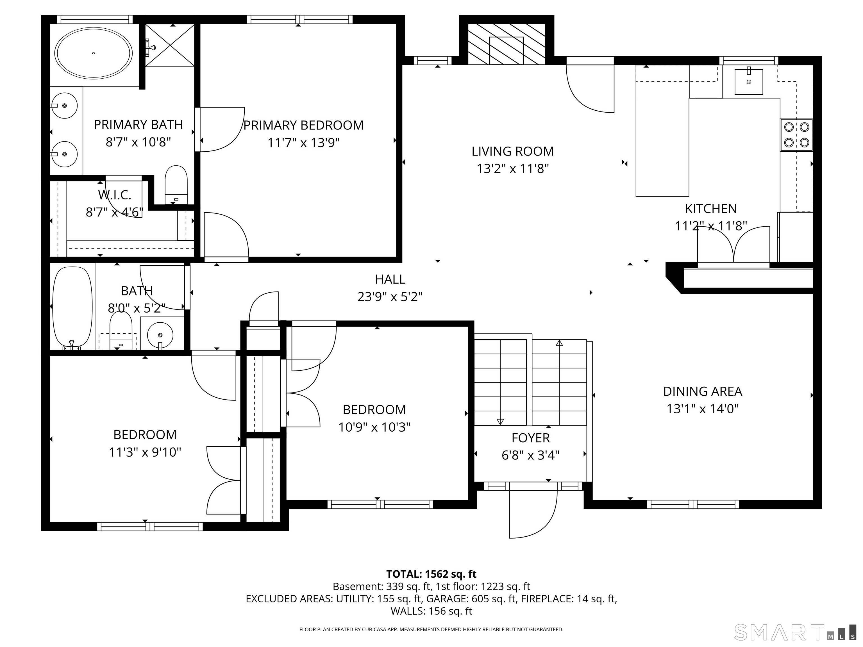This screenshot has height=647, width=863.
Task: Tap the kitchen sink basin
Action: tap(748, 81)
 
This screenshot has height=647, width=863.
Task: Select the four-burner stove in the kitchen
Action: tap(796, 135)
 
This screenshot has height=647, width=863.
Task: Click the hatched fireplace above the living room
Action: tap(506, 44)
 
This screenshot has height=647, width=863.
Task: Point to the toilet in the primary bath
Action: tap(176, 184)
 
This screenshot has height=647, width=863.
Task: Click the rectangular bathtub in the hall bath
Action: tap(72, 307)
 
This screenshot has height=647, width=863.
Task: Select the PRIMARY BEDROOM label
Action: tap(303, 125)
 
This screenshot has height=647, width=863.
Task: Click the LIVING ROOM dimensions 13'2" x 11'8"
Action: tap(513, 168)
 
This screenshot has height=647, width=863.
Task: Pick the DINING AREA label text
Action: tap(702, 391)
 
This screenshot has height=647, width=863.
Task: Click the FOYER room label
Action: tap(531, 438)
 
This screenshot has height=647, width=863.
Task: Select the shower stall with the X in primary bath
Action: tap(170, 45)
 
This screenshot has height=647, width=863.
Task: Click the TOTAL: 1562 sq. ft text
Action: tap(431, 574)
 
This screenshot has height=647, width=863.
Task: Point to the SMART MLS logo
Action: tap(795, 632)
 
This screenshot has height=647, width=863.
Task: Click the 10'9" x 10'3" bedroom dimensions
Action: tap(374, 427)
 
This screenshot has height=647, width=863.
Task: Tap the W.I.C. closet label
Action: tap(114, 195)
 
